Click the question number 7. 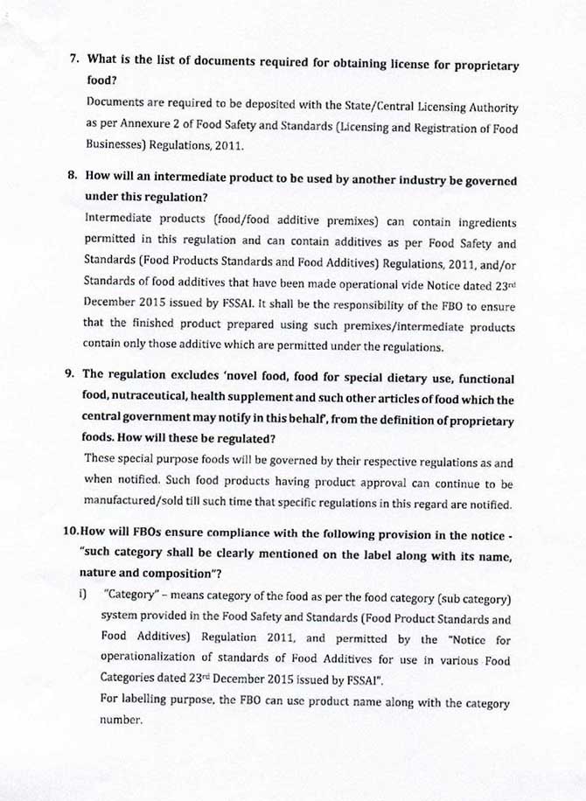[73, 64]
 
